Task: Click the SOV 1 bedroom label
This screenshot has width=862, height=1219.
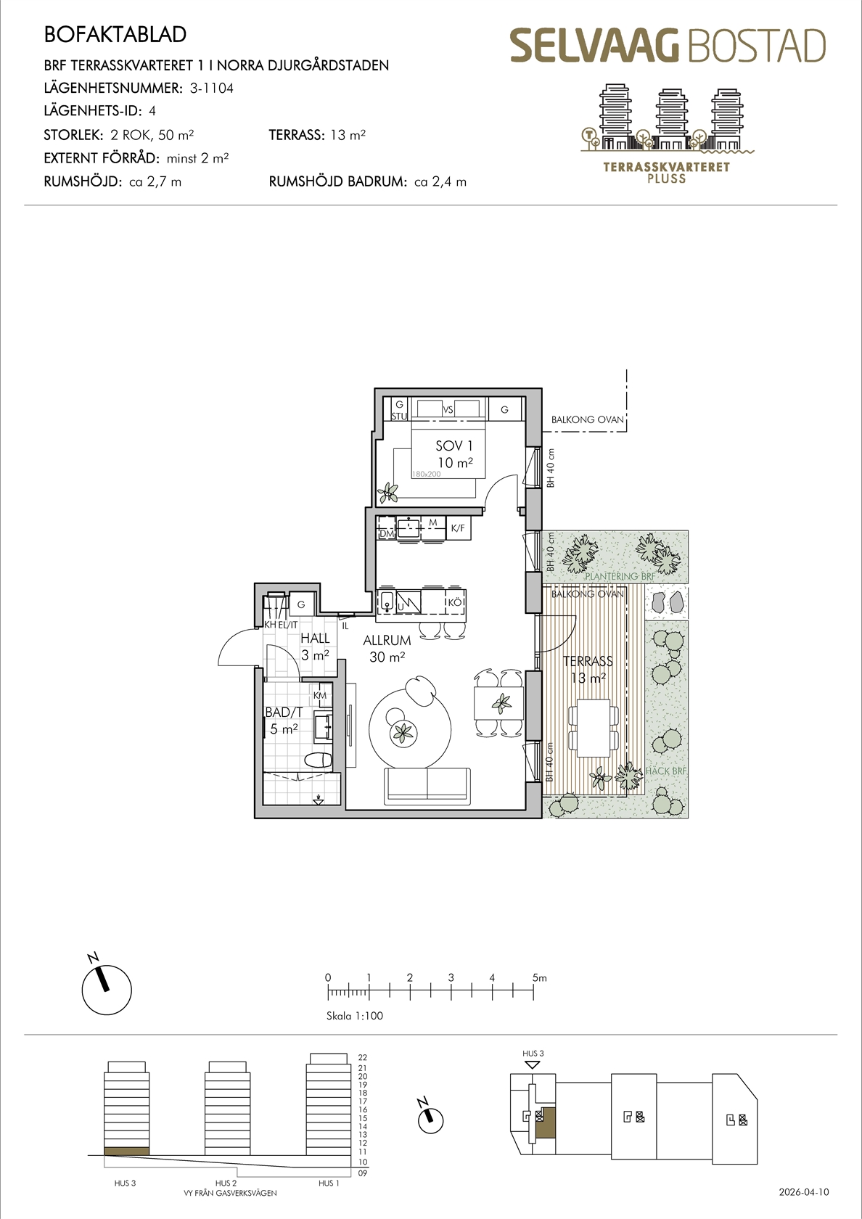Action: [x=454, y=446]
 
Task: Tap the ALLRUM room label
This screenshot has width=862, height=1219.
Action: [x=387, y=641]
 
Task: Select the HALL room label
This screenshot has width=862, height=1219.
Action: [x=315, y=639]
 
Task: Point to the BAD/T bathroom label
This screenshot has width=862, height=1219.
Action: [x=284, y=713]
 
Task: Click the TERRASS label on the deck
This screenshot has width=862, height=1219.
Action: [x=588, y=661]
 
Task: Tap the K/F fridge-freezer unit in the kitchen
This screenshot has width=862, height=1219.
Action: [x=459, y=528]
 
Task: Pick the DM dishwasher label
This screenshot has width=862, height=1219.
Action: [x=386, y=534]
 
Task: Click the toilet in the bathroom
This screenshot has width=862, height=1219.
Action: [x=319, y=760]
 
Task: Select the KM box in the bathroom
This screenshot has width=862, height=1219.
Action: [x=320, y=695]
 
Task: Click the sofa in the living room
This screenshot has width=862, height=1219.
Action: [x=427, y=786]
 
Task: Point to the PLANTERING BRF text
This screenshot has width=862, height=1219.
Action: [x=619, y=576]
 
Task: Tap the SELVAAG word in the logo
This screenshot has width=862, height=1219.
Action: [x=595, y=46]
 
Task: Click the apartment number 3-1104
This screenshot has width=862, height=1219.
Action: [x=212, y=89]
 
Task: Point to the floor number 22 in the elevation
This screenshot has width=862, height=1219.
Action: [x=363, y=1058]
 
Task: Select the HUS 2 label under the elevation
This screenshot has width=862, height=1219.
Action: [x=226, y=1183]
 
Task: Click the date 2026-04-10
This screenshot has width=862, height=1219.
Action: [x=804, y=1192]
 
